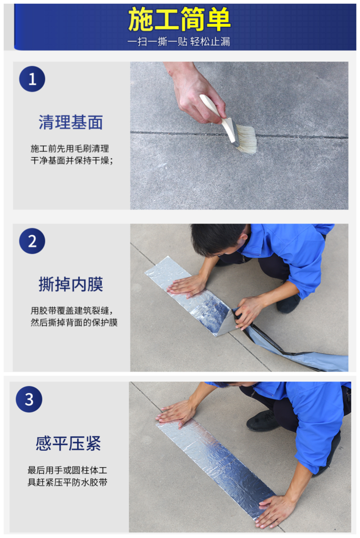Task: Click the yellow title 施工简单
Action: pos(179,19)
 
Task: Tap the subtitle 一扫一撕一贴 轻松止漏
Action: pos(179,42)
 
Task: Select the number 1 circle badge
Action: pos(32,79)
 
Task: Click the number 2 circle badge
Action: pos(32,241)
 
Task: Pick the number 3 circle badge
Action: pos(29,399)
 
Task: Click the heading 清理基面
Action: pos(71,122)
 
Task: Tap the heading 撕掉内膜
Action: pos(71,284)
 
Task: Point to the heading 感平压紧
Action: pos(68,443)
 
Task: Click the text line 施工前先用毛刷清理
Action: pos(70,149)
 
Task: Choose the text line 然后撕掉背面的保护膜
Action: pos(74,322)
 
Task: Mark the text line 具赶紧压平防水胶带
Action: pos(68,482)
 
